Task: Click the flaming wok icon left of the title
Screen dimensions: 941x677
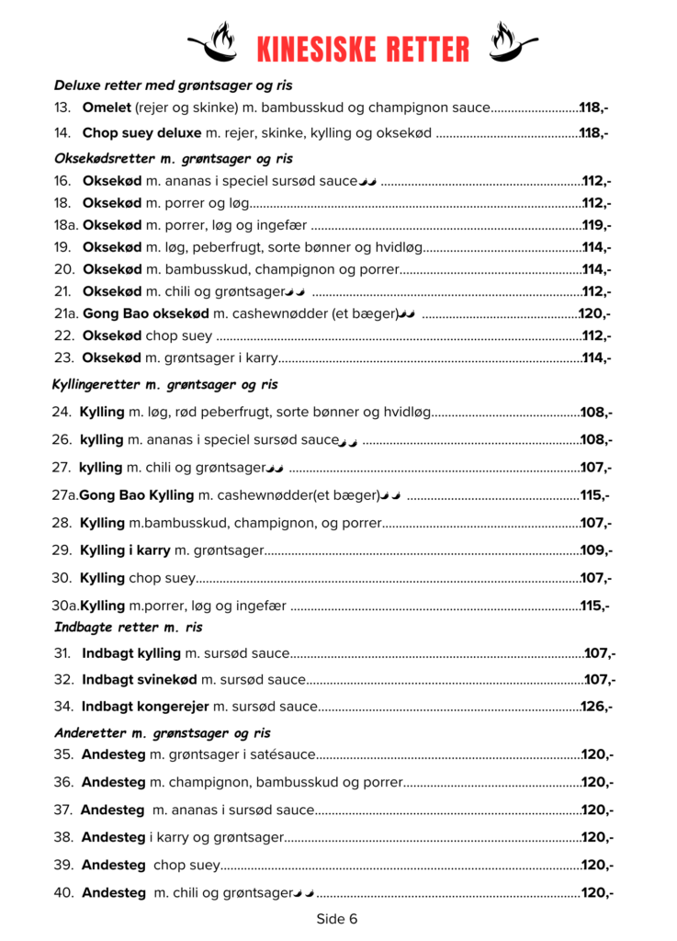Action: (x=214, y=42)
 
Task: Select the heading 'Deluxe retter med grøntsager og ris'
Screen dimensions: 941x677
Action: (x=173, y=85)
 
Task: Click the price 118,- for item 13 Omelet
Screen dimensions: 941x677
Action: (x=593, y=108)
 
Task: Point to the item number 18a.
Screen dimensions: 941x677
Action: (x=65, y=225)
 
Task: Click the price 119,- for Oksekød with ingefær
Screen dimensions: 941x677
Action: (x=597, y=225)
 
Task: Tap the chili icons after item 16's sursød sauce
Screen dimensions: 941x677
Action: (x=367, y=181)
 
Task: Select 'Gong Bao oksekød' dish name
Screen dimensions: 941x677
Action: (x=140, y=313)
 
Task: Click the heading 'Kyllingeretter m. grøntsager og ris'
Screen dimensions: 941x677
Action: (x=165, y=384)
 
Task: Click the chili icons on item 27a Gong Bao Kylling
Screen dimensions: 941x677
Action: (x=391, y=495)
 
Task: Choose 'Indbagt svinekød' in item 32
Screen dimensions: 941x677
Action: (x=140, y=680)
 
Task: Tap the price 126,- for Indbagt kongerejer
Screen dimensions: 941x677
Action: (x=596, y=707)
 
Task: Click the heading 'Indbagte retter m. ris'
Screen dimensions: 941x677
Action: (x=129, y=628)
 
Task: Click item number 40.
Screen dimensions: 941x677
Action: (x=63, y=892)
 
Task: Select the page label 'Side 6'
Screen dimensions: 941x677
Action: (x=337, y=918)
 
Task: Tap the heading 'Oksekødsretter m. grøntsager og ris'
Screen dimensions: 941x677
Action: (x=173, y=158)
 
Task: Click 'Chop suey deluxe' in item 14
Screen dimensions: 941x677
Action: (x=141, y=133)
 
